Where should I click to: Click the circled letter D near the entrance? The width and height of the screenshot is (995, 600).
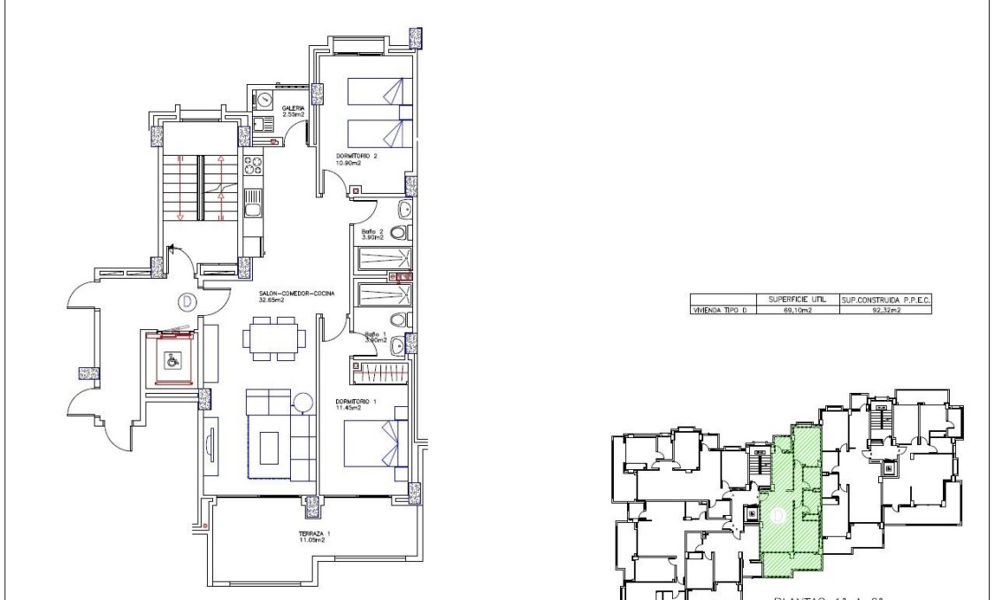tap(187, 302)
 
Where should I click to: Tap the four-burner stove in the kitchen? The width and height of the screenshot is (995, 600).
tap(253, 165)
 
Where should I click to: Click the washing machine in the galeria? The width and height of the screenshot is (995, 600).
tap(263, 100)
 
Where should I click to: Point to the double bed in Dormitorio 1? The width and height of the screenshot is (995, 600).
tap(371, 445)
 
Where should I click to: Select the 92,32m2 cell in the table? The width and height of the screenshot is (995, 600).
tap(885, 311)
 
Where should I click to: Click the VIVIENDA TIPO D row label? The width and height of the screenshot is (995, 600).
tap(723, 311)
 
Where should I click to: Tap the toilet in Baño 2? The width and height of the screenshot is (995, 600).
tap(399, 234)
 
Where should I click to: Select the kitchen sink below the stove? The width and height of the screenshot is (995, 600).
tap(252, 208)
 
